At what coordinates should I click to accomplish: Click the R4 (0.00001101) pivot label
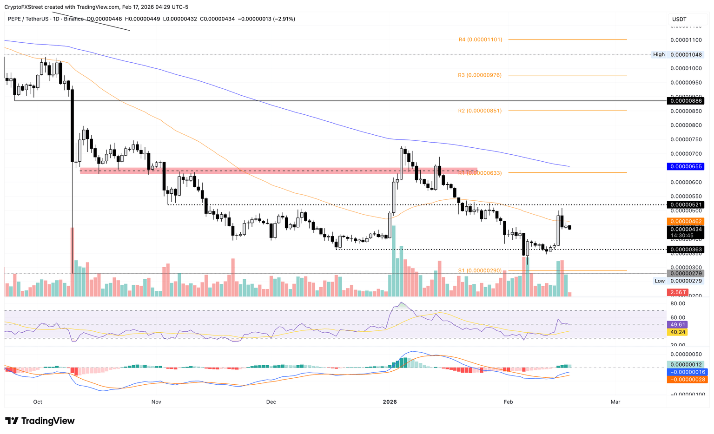tap(480, 40)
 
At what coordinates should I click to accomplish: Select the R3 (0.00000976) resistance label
tap(480, 75)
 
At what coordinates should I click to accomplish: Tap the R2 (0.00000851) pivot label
tap(480, 111)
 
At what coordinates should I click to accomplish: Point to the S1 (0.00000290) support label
tap(480, 270)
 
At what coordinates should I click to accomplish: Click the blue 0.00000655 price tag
tap(685, 166)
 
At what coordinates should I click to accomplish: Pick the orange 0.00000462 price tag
tap(685, 222)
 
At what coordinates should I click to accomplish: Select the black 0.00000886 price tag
tap(685, 101)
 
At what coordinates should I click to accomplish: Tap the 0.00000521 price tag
tap(685, 205)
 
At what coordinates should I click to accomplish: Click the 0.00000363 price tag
tap(685, 250)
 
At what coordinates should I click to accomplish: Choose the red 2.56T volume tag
tap(677, 292)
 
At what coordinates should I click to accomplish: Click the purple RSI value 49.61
tap(676, 325)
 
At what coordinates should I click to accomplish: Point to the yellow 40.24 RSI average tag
tap(676, 332)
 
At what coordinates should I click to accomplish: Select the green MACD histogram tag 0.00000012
tap(685, 364)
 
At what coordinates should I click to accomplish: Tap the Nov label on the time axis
tap(156, 402)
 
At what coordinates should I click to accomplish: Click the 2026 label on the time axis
tap(390, 402)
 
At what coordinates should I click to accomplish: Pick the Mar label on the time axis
tap(615, 402)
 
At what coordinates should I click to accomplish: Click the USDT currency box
tap(679, 20)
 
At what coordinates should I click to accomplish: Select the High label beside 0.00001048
tap(659, 55)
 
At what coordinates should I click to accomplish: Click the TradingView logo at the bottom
tap(40, 421)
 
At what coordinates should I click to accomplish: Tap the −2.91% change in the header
tap(284, 19)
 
